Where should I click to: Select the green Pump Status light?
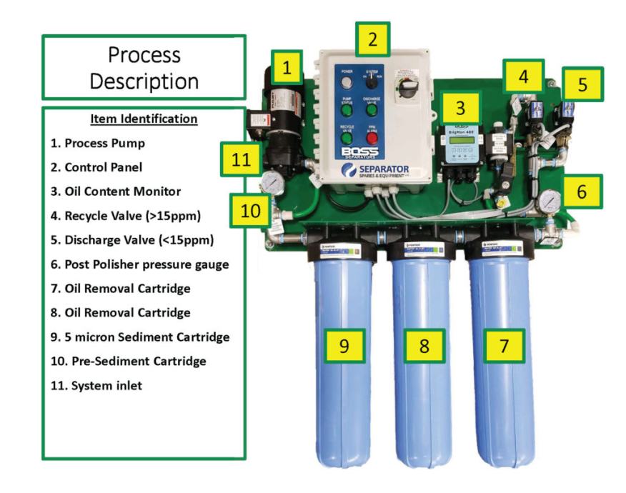(347, 110)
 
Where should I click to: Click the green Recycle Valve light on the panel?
(347, 137)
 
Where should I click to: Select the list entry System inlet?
(103, 386)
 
